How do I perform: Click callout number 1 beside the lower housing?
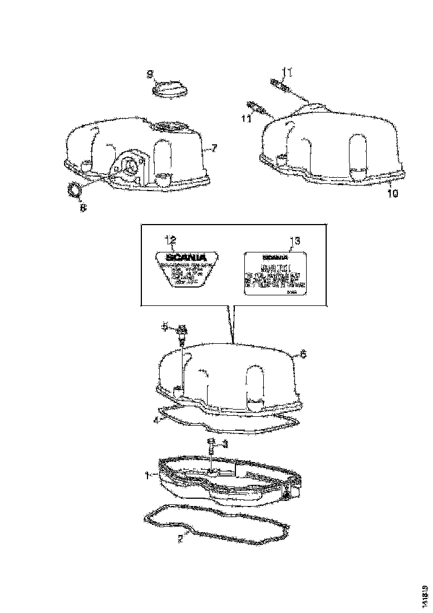point(148,475)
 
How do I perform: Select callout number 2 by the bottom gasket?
point(179,539)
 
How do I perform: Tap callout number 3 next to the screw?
point(225,444)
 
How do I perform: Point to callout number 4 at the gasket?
point(156,420)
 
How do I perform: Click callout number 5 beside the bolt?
point(165,327)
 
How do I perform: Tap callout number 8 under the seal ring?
point(83,208)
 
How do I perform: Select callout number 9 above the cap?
point(150,74)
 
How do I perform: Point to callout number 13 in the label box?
point(296,241)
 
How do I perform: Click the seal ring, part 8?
point(74,191)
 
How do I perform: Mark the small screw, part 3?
point(211,445)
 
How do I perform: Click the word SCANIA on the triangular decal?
point(186,257)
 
